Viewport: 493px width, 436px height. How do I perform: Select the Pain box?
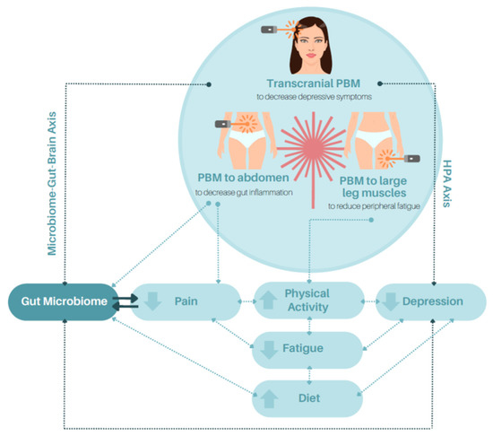(186, 302)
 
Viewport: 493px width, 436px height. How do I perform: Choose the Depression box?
(429, 302)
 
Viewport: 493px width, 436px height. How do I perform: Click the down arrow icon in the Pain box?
(154, 302)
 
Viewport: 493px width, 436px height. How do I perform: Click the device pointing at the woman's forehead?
(269, 31)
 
